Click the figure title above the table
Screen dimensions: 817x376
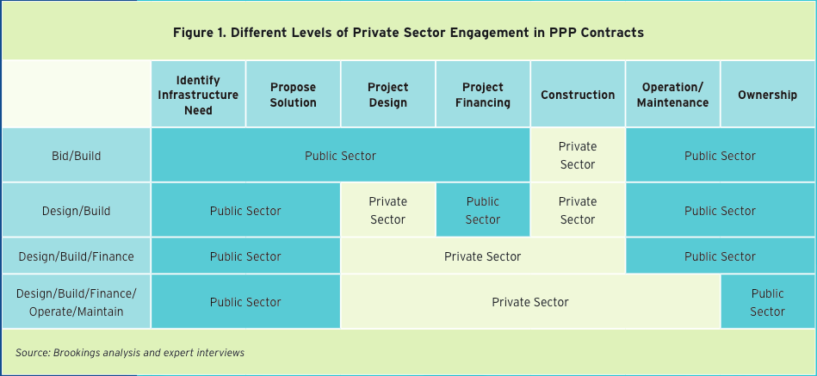pyautogui.click(x=408, y=33)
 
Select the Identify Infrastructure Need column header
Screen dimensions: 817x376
pyautogui.click(x=198, y=95)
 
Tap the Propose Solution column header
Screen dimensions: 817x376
pyautogui.click(x=293, y=95)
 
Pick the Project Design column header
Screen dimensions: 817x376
pyautogui.click(x=387, y=95)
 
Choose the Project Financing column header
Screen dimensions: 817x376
pyautogui.click(x=482, y=95)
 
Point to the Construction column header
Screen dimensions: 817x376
pyautogui.click(x=578, y=95)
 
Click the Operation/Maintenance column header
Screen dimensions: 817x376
pyautogui.click(x=672, y=95)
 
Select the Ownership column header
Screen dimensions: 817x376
pyautogui.click(x=768, y=95)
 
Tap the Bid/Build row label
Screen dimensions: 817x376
pyautogui.click(x=76, y=155)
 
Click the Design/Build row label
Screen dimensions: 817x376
pyautogui.click(x=76, y=211)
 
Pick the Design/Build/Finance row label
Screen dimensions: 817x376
pyautogui.click(x=76, y=256)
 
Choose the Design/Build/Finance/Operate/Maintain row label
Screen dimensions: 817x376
pyautogui.click(x=76, y=302)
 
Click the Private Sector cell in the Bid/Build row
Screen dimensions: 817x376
pyautogui.click(x=578, y=155)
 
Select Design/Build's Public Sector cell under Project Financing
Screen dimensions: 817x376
pyautogui.click(x=482, y=211)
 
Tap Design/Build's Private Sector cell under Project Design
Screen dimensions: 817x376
pyautogui.click(x=387, y=211)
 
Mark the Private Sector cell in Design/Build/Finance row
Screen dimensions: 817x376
pyautogui.click(x=482, y=256)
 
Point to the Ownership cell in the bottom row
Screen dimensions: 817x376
pyautogui.click(x=768, y=302)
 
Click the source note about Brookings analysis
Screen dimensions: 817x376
pyautogui.click(x=130, y=353)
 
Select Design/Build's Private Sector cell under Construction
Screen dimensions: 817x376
pyautogui.click(x=578, y=211)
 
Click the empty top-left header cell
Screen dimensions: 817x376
pyautogui.click(x=76, y=94)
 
